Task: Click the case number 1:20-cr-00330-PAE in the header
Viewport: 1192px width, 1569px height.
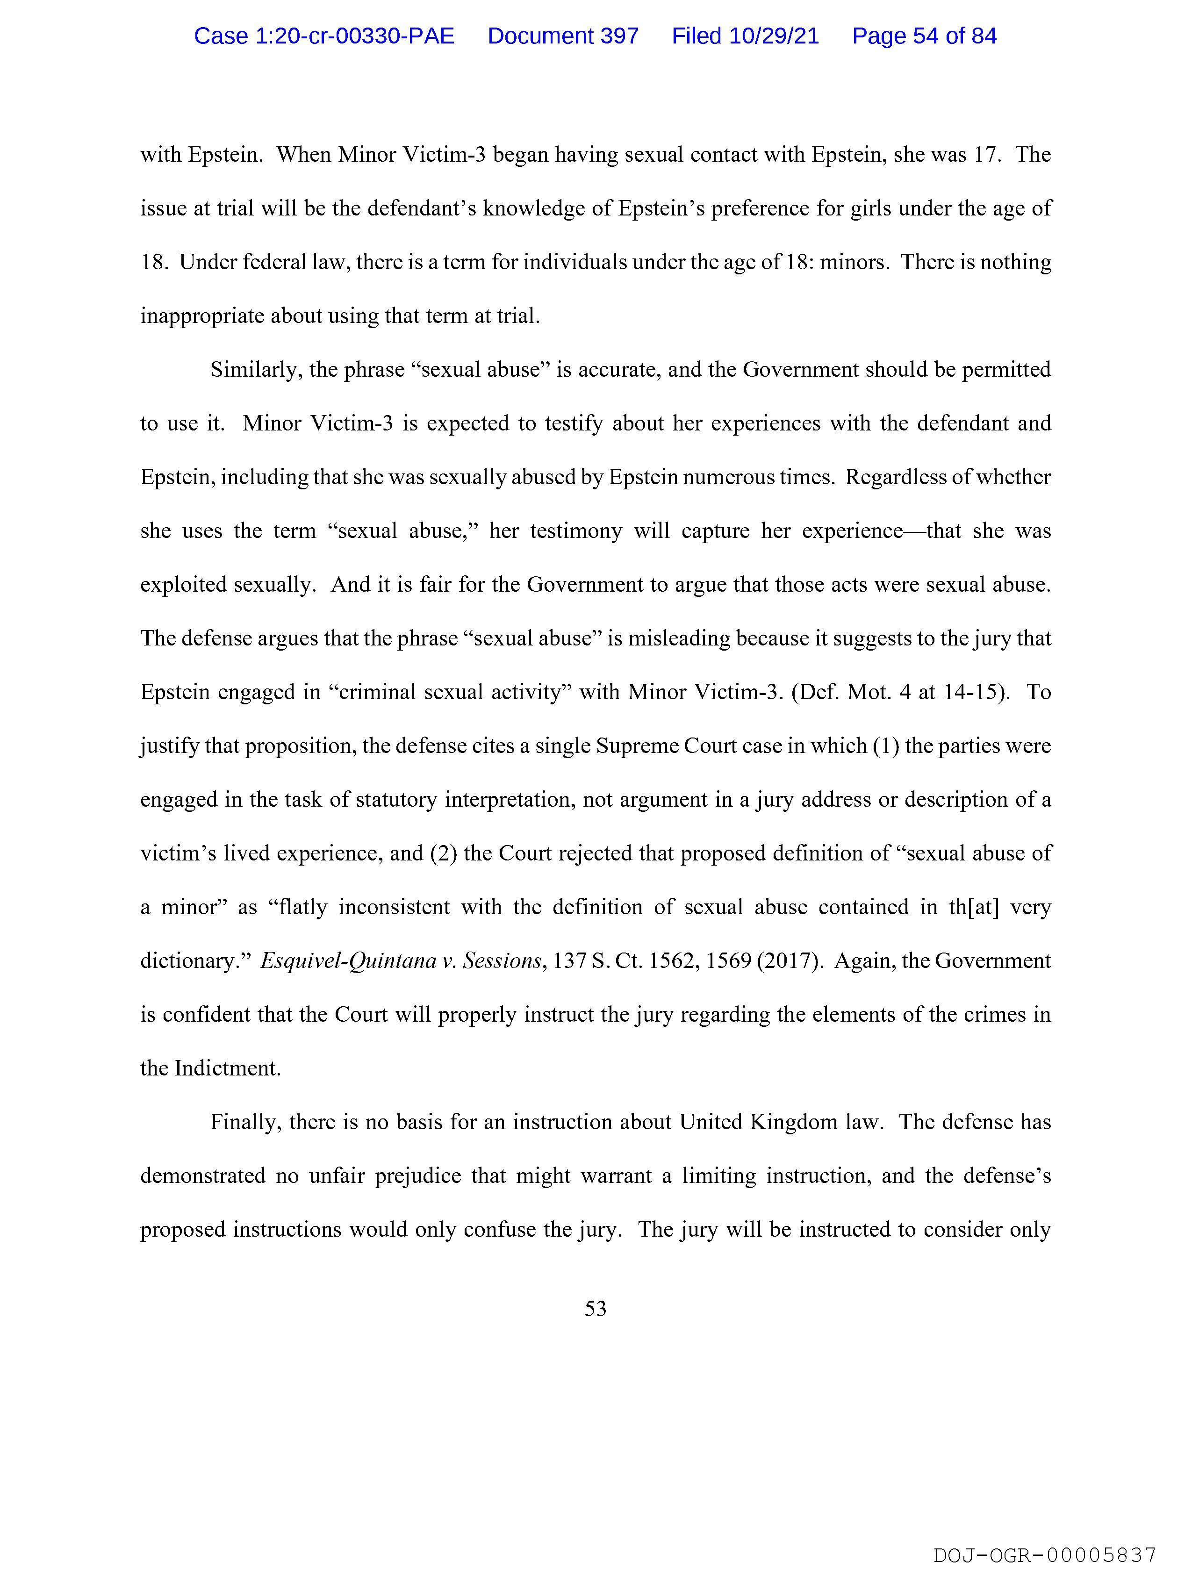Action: click(x=324, y=36)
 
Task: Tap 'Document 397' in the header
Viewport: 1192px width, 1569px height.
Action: click(x=563, y=36)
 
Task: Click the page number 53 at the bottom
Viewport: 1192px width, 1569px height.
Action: click(x=595, y=1309)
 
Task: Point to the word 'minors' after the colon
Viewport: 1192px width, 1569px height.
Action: click(x=853, y=263)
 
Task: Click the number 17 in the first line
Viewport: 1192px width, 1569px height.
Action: click(x=985, y=155)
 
